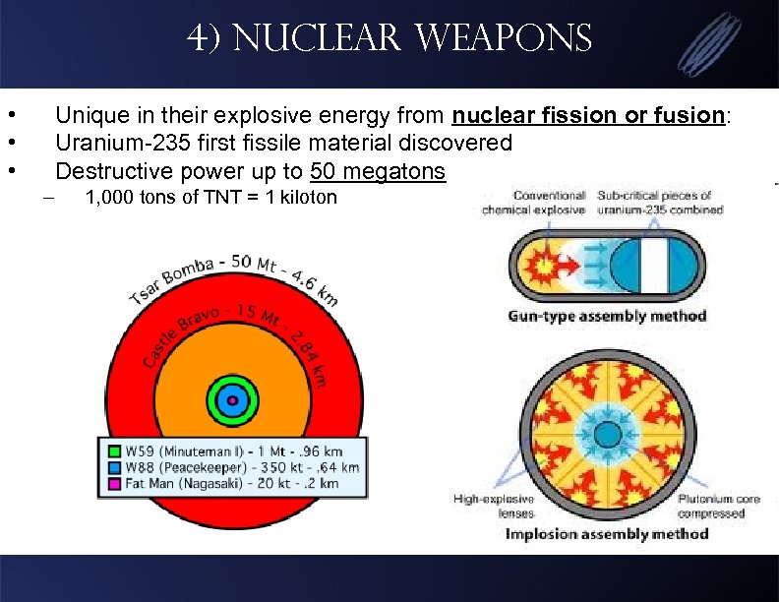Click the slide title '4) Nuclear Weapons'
coord(389,39)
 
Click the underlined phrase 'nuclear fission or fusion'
coord(588,116)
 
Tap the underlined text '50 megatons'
coord(377,171)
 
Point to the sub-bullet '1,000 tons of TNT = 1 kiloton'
coord(210,198)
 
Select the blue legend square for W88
coord(114,467)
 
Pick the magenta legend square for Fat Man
coord(114,483)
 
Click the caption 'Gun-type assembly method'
coord(607,317)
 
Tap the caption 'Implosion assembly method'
coord(607,534)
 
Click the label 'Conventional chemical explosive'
coord(533,203)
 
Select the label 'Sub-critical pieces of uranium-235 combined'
coord(665,203)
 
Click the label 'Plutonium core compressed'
coord(719,506)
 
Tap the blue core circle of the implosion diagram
coord(607,433)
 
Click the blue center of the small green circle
coord(233,399)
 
